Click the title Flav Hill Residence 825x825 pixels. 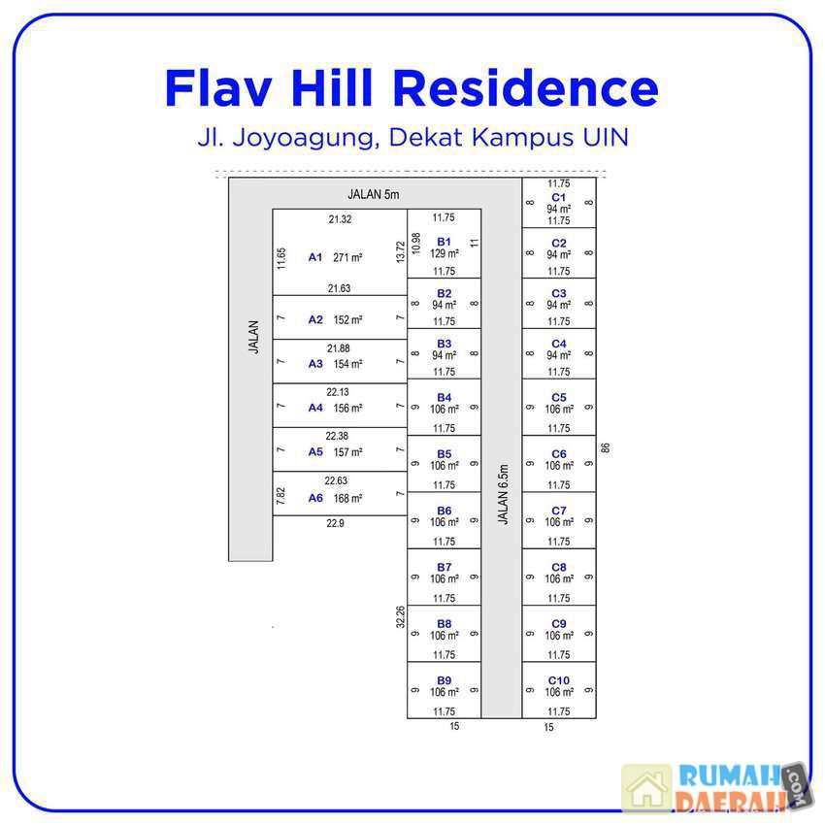point(412,88)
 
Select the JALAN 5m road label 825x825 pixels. point(374,194)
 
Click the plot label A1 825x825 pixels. point(315,257)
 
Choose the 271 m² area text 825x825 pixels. point(347,258)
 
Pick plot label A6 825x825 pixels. point(315,498)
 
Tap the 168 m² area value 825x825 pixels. point(347,499)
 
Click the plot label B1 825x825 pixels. point(444,241)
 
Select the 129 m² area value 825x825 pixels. point(445,253)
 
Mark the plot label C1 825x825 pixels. point(558,197)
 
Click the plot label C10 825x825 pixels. point(558,680)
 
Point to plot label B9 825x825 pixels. point(444,679)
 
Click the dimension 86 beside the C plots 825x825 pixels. point(606,447)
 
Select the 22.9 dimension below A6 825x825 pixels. point(335,523)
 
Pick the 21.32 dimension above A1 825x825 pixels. point(340,219)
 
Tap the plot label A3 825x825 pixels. point(315,364)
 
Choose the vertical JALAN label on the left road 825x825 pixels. point(254,337)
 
